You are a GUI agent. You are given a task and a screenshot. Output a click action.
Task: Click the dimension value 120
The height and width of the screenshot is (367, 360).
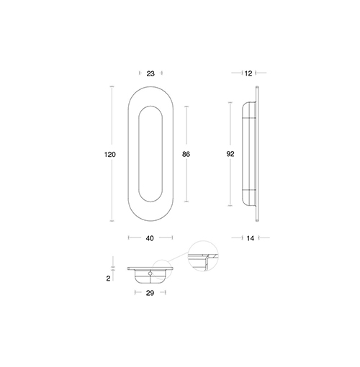(x=110, y=155)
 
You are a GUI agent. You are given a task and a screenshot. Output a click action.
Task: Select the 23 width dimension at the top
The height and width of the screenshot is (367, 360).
(x=150, y=73)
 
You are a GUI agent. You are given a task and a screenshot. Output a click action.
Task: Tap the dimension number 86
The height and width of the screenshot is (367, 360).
(x=186, y=154)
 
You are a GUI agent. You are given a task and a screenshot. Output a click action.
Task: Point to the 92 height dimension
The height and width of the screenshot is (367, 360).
(x=230, y=154)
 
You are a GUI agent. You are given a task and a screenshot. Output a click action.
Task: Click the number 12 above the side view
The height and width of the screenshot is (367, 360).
(x=248, y=73)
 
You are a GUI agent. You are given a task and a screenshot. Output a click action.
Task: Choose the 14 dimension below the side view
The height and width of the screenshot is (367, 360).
(x=250, y=238)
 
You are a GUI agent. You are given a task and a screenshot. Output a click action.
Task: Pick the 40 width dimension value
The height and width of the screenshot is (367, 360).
(x=150, y=238)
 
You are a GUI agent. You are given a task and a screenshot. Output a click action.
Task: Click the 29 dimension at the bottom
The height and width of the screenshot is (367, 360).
(x=150, y=293)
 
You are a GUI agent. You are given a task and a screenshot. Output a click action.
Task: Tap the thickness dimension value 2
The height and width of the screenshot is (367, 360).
(x=108, y=278)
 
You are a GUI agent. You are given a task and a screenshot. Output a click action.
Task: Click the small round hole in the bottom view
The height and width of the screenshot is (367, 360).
(x=150, y=273)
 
